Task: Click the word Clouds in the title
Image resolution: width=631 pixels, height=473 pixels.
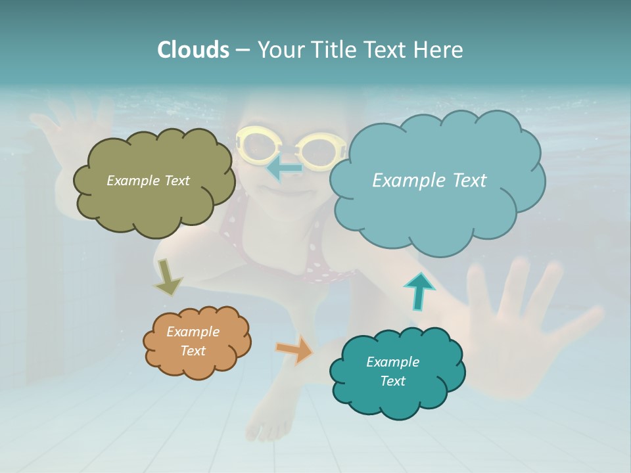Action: pyautogui.click(x=193, y=50)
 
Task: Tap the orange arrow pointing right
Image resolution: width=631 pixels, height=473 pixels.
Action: pyautogui.click(x=295, y=349)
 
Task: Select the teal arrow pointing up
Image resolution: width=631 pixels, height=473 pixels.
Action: pyautogui.click(x=419, y=290)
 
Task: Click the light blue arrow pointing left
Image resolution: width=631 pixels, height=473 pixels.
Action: pyautogui.click(x=284, y=168)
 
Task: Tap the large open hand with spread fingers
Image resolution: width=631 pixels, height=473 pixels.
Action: pyautogui.click(x=526, y=328)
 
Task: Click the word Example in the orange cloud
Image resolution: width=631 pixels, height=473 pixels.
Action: pyautogui.click(x=193, y=332)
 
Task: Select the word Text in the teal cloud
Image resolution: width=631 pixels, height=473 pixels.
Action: pyautogui.click(x=392, y=381)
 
